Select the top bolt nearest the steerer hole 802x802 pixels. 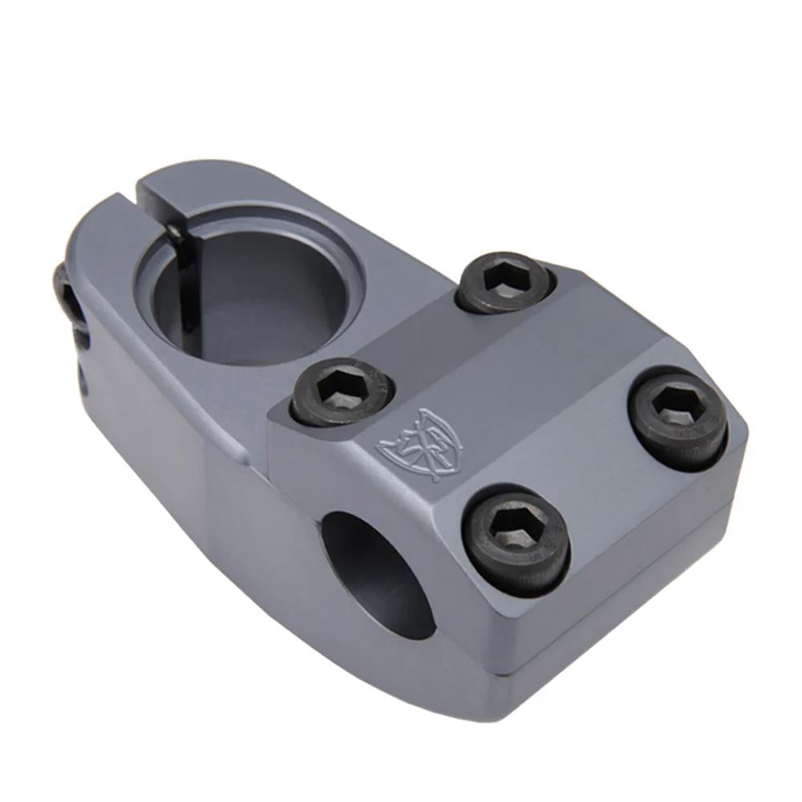[342, 391]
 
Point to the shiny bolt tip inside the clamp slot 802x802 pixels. [174, 233]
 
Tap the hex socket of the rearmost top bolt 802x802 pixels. [505, 275]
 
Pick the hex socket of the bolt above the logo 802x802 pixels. [338, 386]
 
